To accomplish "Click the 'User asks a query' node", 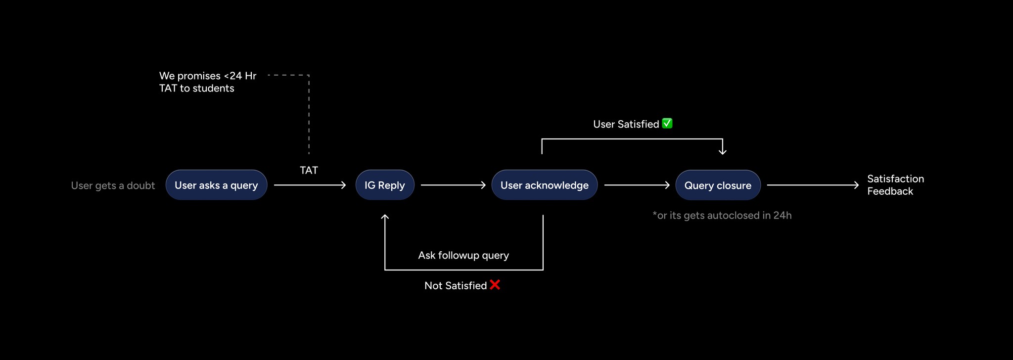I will [216, 185].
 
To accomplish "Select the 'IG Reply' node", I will [385, 185].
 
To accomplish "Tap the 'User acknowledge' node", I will [544, 185].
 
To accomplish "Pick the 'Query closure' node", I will [718, 185].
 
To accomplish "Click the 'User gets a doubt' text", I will [113, 185].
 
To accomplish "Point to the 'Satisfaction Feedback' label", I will [895, 185].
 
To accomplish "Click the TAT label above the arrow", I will [309, 170].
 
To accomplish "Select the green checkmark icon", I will [667, 123].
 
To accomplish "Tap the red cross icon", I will [495, 285].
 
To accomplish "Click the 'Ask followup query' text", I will [463, 255].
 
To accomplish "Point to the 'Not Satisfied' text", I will [456, 285].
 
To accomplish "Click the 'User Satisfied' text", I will [626, 124].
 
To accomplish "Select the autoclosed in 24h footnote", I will [722, 215].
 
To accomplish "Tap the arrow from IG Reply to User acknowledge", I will [453, 185].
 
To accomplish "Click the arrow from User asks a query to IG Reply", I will [310, 185].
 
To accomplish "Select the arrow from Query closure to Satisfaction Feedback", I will [813, 185].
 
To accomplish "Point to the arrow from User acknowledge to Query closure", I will [637, 185].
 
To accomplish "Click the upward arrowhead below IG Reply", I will [385, 217].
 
